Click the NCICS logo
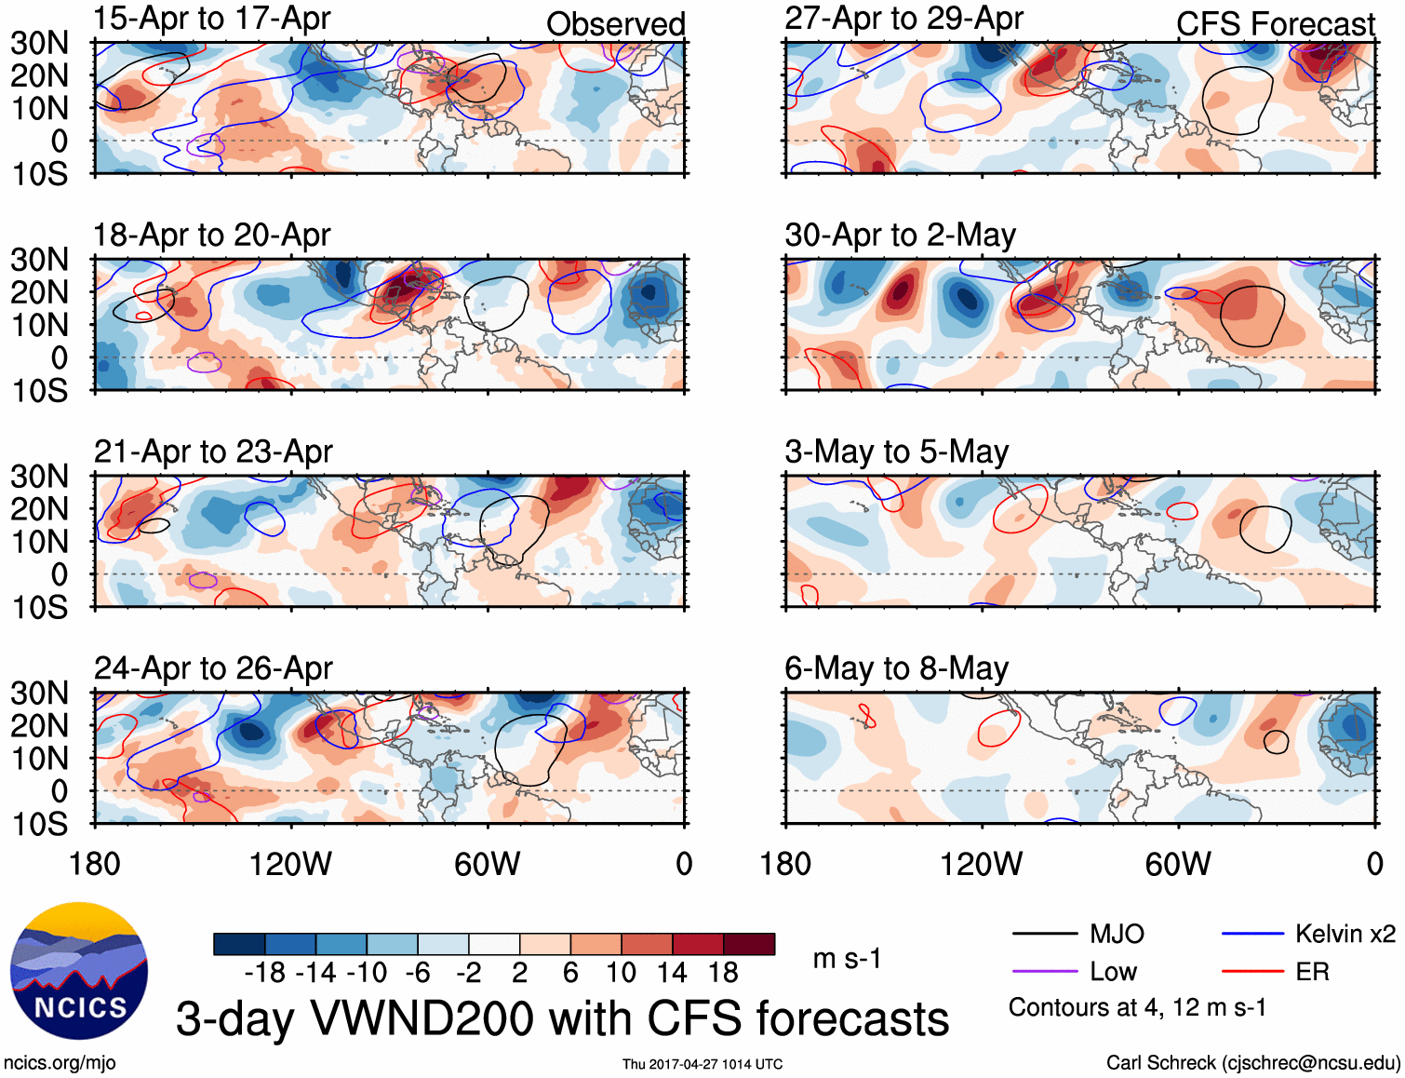79,971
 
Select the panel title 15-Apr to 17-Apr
212,19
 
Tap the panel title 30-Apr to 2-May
900,236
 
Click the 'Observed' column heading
615,24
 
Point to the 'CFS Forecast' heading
1275,24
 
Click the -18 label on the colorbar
265,973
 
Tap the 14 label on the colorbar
672,973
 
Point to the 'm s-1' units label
847,959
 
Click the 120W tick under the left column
290,864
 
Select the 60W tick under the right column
1178,864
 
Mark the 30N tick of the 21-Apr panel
39,477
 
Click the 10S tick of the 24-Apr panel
39,824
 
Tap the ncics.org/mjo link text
60,1063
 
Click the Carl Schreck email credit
1252,1063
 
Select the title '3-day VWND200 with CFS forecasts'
562,1018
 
